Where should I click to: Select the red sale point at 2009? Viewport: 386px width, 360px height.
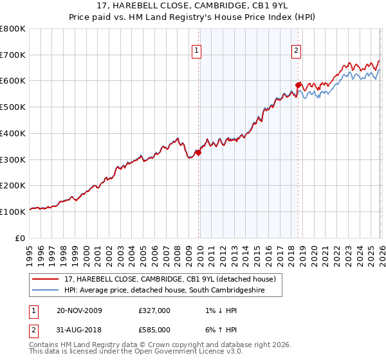click(x=198, y=152)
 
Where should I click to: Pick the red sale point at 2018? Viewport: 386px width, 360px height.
click(x=298, y=85)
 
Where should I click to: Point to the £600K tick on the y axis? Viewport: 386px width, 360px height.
click(x=14, y=81)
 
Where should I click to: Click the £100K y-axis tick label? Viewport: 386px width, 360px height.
click(x=14, y=212)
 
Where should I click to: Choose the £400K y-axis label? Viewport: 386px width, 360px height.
click(x=14, y=134)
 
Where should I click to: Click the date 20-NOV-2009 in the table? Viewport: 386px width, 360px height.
click(x=79, y=310)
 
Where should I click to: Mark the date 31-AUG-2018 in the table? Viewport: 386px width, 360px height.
click(x=79, y=330)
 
